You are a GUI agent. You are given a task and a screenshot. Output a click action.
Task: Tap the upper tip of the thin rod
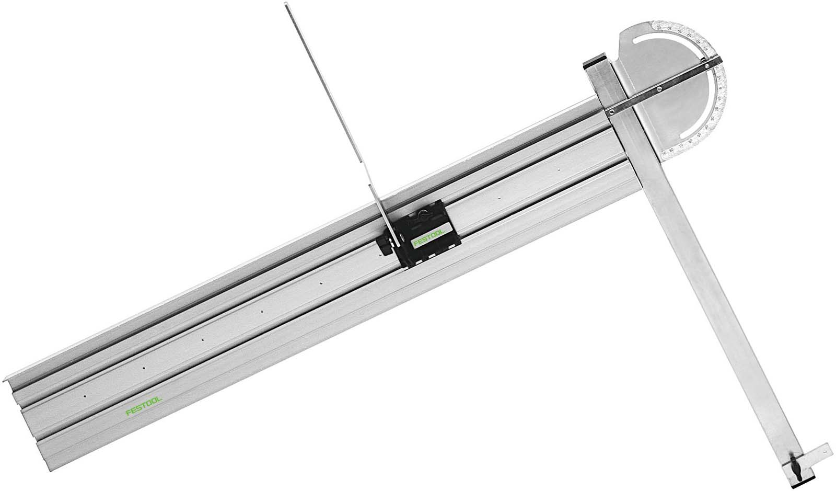287,5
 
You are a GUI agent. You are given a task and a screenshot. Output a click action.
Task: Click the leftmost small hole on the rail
84,396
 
